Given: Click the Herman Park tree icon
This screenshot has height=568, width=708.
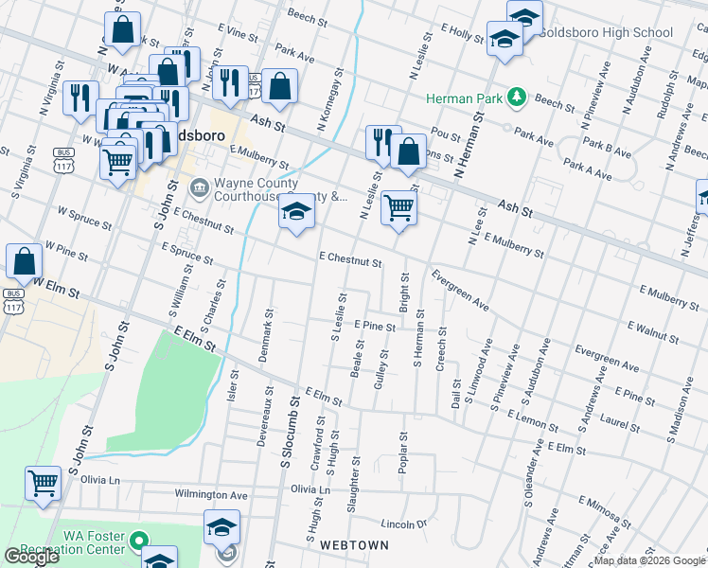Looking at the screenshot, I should click(x=517, y=98).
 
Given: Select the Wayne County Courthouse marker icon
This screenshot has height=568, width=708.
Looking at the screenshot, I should click(x=200, y=185).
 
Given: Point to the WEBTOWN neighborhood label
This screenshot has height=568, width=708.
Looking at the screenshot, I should click(x=354, y=546).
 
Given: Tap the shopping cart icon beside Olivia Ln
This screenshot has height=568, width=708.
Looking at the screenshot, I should click(x=44, y=483).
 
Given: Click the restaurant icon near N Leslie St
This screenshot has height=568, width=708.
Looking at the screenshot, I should click(x=383, y=142).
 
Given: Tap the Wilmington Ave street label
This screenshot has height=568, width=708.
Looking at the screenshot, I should click(x=210, y=494).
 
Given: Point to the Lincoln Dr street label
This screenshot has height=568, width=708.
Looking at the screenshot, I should click(x=404, y=524).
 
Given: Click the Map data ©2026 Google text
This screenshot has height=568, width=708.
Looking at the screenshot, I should click(x=649, y=560).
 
